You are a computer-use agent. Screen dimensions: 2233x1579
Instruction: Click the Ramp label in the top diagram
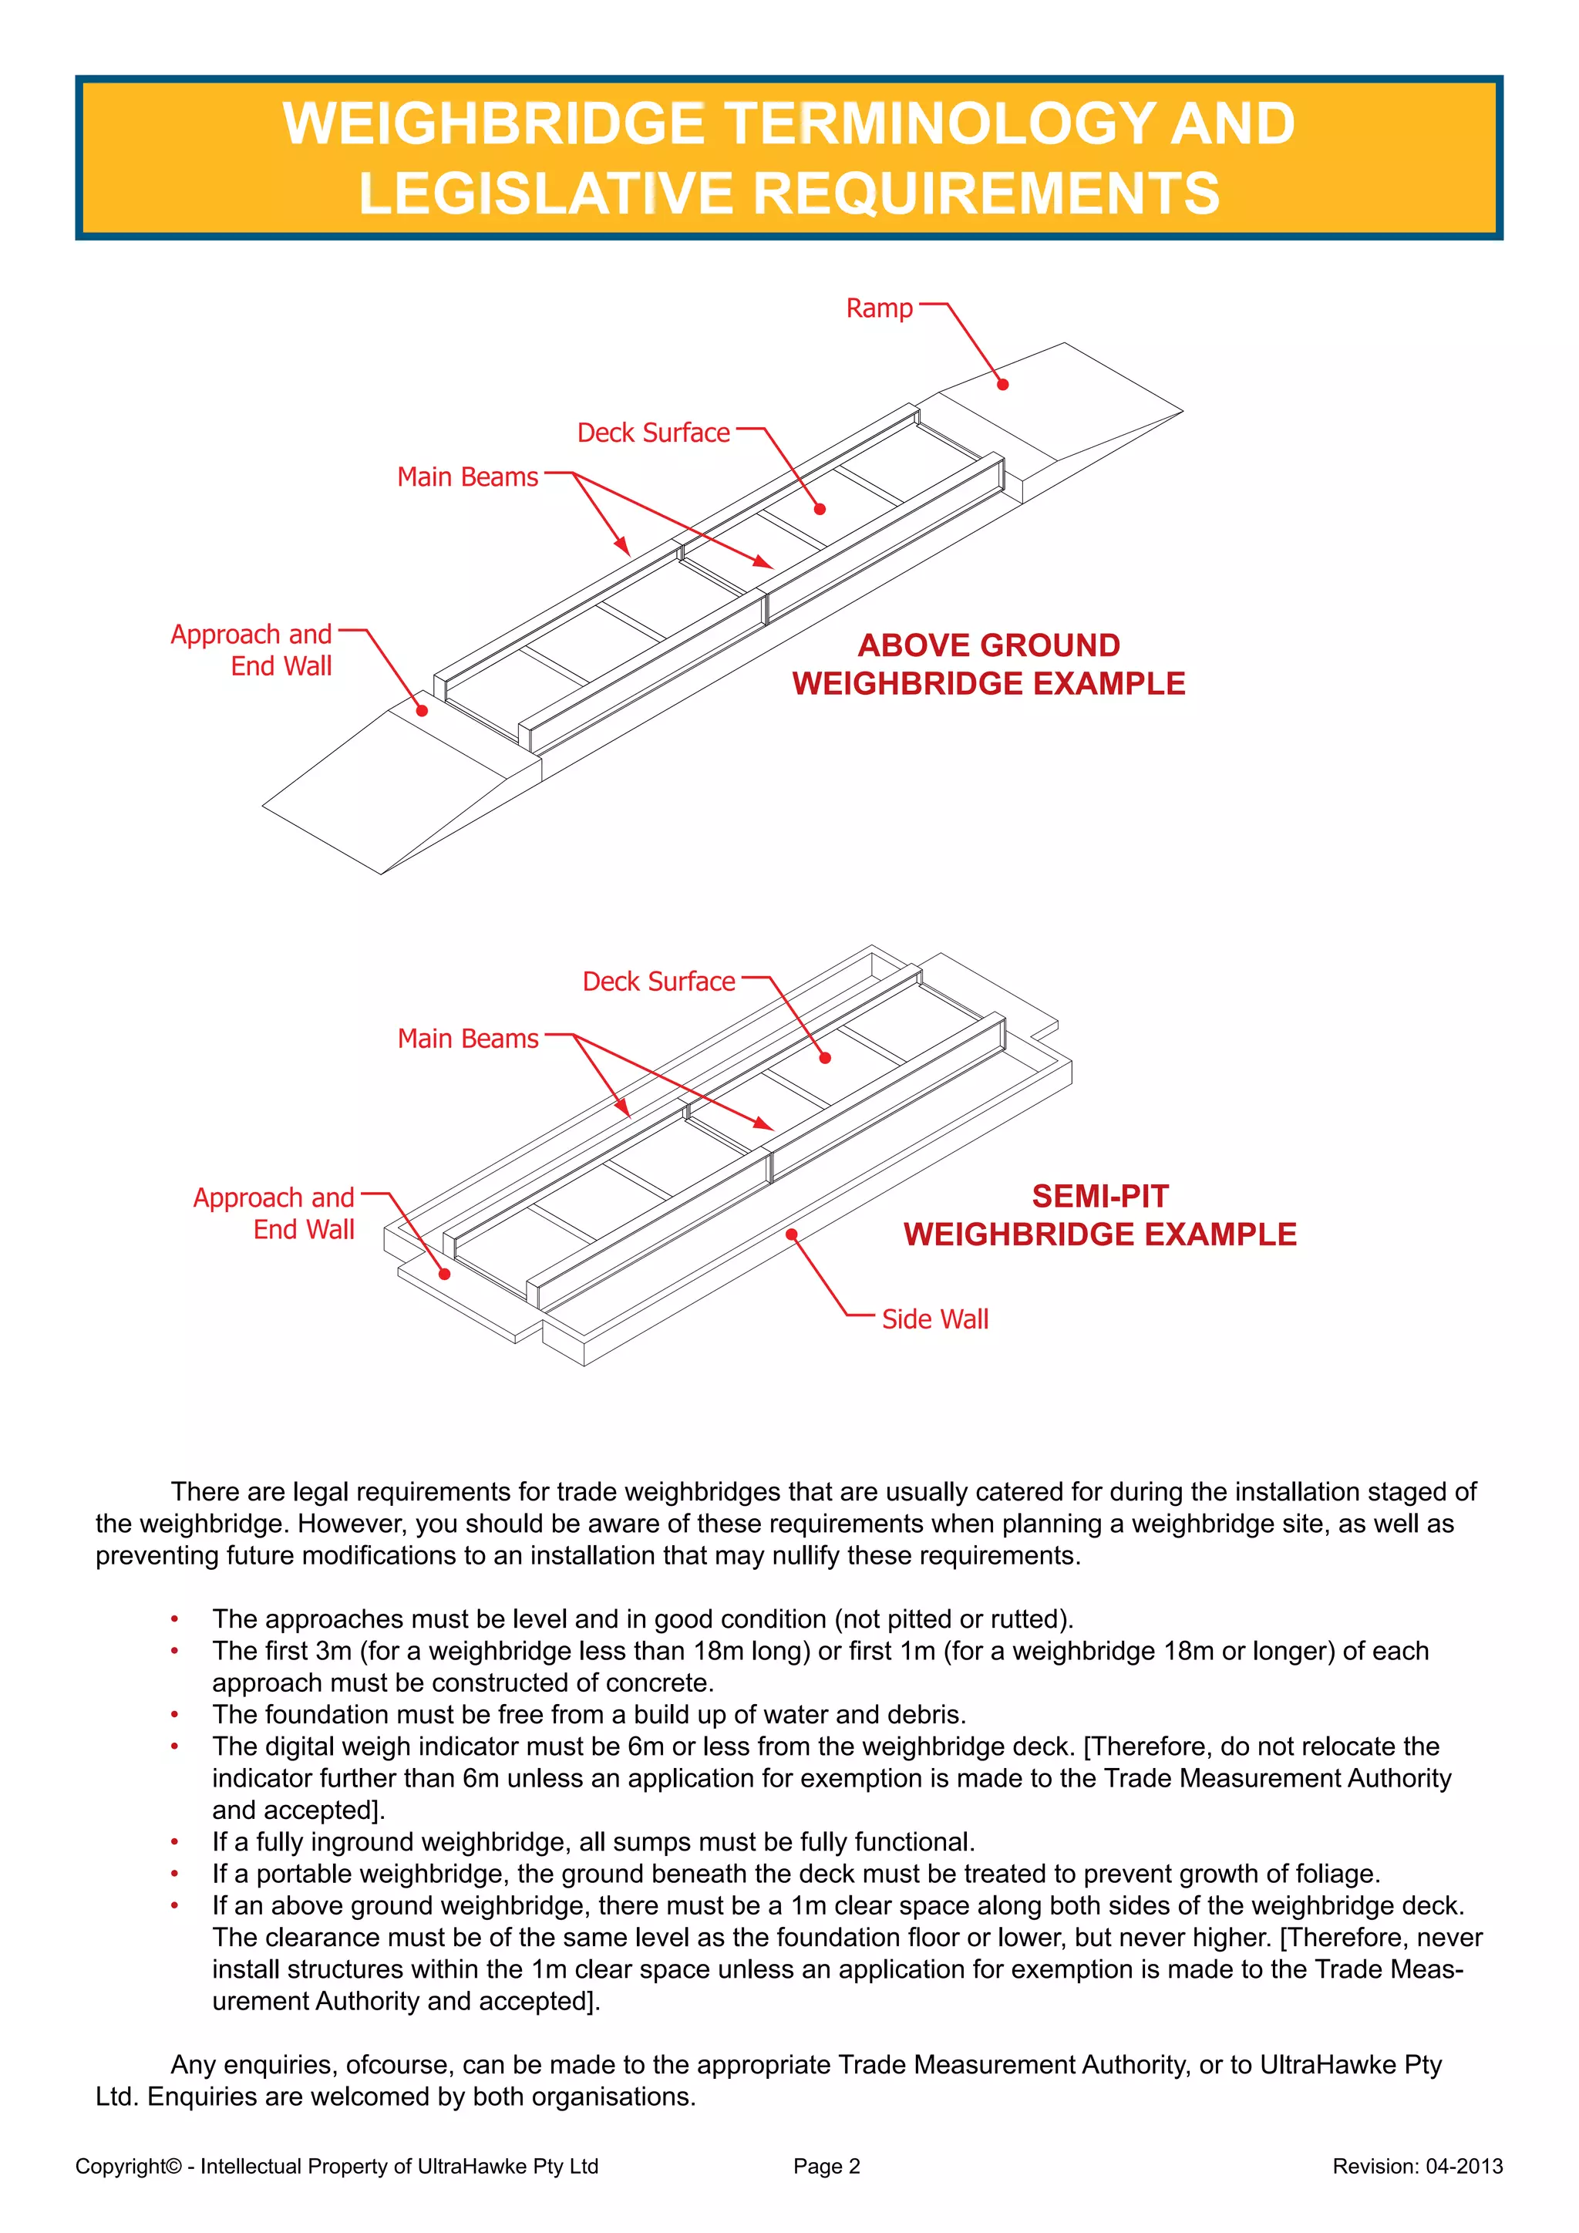pyautogui.click(x=879, y=309)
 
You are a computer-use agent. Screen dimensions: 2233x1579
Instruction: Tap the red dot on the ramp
pyautogui.click(x=1002, y=384)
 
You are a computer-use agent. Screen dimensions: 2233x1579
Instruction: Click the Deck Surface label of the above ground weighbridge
pyautogui.click(x=653, y=433)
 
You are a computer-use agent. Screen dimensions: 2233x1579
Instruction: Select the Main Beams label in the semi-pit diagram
pyautogui.click(x=468, y=1039)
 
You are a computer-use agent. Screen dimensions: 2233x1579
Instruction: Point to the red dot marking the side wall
pyautogui.click(x=792, y=1234)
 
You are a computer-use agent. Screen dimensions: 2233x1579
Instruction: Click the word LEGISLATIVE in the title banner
pyautogui.click(x=545, y=193)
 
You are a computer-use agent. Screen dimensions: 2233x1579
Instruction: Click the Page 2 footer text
pyautogui.click(x=827, y=2166)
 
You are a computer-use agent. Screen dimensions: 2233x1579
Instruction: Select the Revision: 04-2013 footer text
pyautogui.click(x=1416, y=2166)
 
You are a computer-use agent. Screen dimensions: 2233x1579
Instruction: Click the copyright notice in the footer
pyautogui.click(x=336, y=2166)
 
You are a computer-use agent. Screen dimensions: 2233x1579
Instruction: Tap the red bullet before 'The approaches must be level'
pyautogui.click(x=175, y=1619)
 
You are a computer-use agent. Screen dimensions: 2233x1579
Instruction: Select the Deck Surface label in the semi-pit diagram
pyautogui.click(x=658, y=982)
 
